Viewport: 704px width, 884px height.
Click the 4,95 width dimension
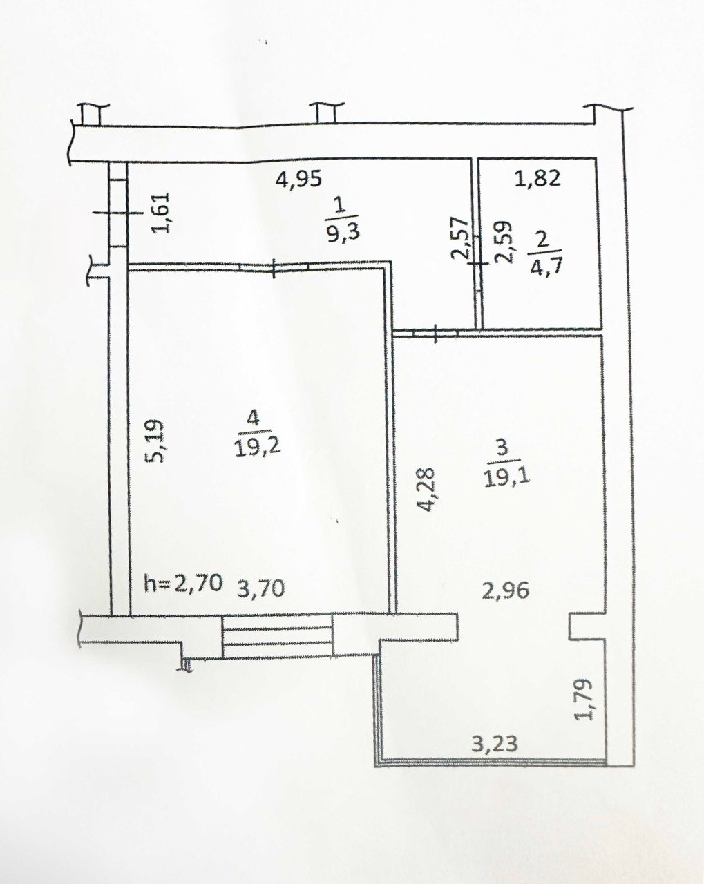point(298,180)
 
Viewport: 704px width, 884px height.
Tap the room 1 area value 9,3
point(343,231)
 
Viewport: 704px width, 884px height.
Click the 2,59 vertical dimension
point(503,242)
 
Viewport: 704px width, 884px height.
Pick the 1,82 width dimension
point(538,179)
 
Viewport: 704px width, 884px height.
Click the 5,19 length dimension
point(155,441)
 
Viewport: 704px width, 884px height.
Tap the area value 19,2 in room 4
point(258,445)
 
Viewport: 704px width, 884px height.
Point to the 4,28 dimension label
point(424,489)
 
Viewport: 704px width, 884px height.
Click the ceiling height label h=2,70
point(184,583)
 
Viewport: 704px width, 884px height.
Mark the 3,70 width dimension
point(260,588)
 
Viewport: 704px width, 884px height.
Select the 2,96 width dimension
point(506,591)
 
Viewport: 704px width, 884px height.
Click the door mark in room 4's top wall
point(274,268)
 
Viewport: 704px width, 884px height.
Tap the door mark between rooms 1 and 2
point(478,263)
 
